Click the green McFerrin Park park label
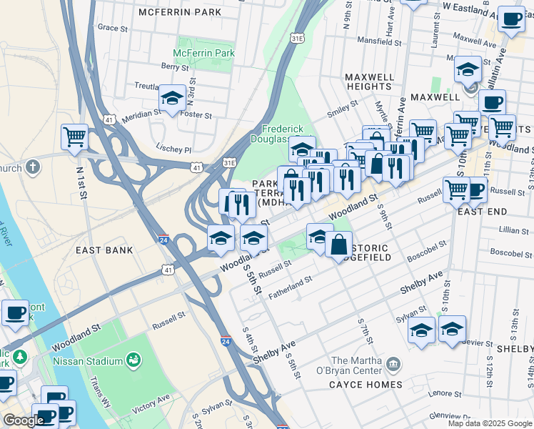click(203, 54)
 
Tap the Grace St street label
click(112, 27)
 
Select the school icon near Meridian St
click(172, 99)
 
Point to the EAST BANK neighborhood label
click(104, 250)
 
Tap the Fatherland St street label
click(289, 287)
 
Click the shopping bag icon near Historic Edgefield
click(338, 245)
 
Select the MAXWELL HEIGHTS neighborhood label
click(368, 82)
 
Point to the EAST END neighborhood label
click(482, 212)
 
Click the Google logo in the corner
click(23, 420)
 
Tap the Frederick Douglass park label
click(283, 134)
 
